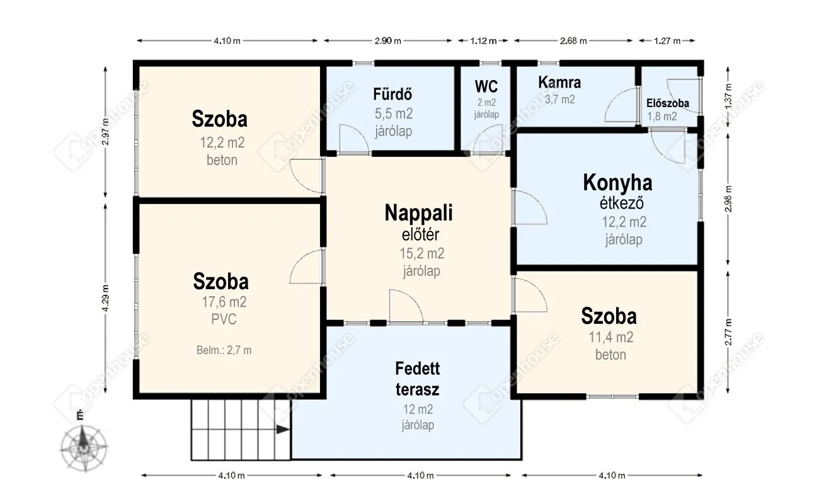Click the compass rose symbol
[84, 447]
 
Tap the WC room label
[486, 87]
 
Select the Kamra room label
[559, 83]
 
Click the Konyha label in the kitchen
[617, 183]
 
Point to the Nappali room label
[419, 213]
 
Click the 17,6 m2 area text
[224, 302]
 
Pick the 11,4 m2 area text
[611, 337]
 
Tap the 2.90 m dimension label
[387, 40]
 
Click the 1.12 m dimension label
[483, 40]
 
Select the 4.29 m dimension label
[105, 298]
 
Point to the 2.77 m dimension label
[728, 332]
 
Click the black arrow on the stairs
[283, 430]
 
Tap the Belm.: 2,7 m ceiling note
[224, 350]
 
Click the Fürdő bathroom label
[392, 94]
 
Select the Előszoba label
[668, 103]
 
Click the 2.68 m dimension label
[573, 40]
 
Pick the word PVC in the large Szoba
[224, 319]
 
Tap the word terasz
[417, 389]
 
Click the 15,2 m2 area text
[422, 253]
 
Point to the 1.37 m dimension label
[728, 96]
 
